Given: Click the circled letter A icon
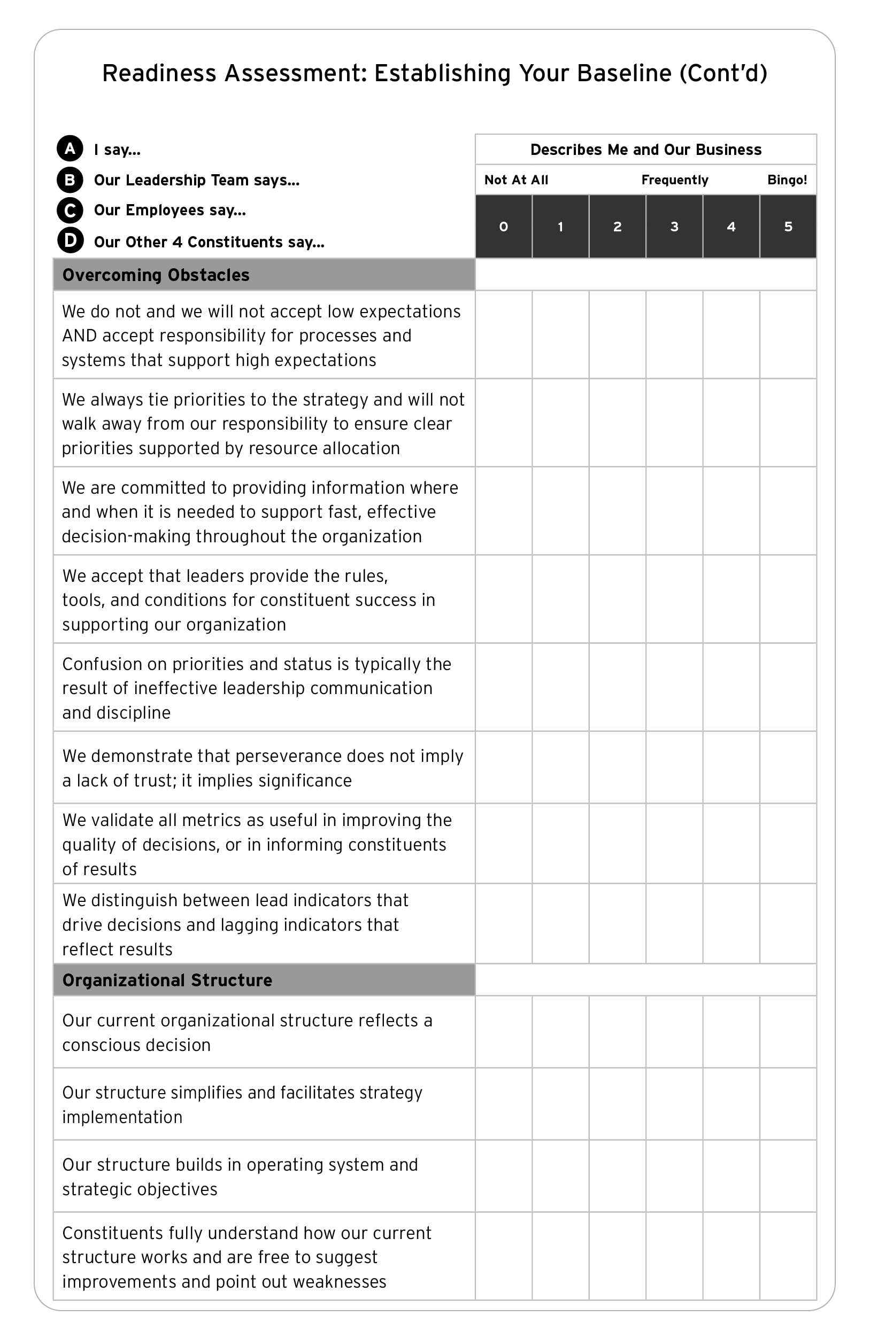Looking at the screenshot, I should (70, 149).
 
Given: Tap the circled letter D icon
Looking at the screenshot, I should (70, 240).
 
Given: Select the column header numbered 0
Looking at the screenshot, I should (504, 227).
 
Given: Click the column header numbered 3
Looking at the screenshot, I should (674, 227).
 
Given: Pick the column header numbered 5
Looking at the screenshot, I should (788, 227).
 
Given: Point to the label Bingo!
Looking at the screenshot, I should (787, 180).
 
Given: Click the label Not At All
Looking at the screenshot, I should (516, 180).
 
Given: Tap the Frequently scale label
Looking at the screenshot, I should (674, 180).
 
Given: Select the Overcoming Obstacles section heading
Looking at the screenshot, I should (156, 275).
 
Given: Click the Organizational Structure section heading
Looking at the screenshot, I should (167, 980).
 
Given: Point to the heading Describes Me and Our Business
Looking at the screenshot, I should (646, 150).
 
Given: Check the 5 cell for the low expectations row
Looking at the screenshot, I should (788, 334).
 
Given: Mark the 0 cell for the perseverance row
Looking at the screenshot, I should (504, 767).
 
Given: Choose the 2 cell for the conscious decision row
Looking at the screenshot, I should (618, 1032).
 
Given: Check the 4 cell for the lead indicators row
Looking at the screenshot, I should (731, 924).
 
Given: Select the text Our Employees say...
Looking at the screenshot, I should (170, 211).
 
